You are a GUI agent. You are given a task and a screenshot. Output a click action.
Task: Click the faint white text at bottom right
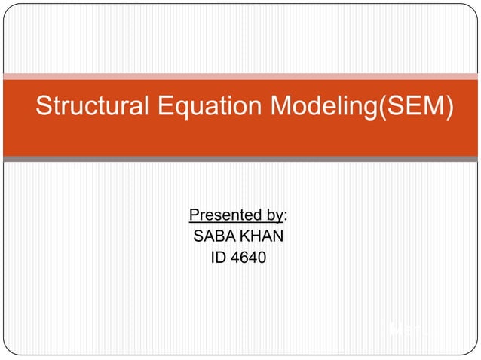coord(407,329)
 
